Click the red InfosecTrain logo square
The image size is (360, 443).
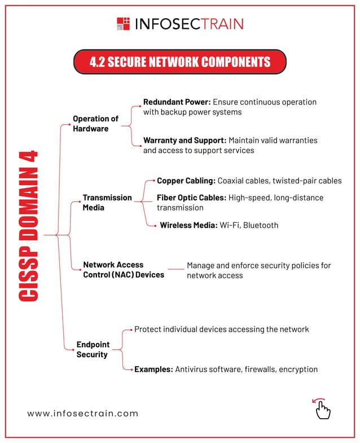click(123, 24)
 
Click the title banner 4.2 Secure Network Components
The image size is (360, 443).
click(180, 62)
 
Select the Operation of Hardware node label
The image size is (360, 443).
click(95, 124)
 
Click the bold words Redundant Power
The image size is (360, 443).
click(177, 102)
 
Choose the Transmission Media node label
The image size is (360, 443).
click(107, 203)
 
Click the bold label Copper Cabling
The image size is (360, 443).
click(186, 181)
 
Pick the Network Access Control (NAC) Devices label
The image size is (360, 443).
click(123, 270)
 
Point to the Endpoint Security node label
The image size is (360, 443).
click(93, 349)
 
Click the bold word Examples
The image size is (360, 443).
click(153, 370)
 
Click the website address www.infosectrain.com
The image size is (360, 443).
click(83, 413)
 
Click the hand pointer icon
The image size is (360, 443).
click(322, 410)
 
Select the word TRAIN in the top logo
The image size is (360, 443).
click(217, 24)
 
